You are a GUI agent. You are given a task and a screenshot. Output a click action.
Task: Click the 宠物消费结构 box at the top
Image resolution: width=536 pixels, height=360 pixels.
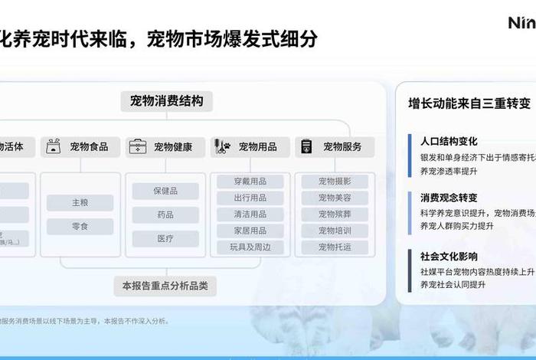point(166,101)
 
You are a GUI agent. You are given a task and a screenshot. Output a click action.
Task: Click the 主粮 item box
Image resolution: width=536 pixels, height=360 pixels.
point(80,203)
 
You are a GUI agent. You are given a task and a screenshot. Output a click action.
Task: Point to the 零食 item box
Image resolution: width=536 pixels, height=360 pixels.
point(80,227)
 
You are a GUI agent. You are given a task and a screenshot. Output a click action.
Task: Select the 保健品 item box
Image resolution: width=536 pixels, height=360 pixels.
point(165,191)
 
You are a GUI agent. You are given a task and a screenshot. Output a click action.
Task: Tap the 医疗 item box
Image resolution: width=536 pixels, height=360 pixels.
point(165,238)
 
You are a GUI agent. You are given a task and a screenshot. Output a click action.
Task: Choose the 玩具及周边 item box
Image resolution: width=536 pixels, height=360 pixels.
point(250,247)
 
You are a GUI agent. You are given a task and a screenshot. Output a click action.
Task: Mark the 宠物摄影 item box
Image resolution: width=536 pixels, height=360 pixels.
point(335,182)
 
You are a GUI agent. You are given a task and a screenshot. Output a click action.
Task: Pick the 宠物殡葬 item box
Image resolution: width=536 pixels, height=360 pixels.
point(335,214)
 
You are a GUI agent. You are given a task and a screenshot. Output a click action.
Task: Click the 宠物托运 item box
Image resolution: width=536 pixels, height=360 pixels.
point(335,247)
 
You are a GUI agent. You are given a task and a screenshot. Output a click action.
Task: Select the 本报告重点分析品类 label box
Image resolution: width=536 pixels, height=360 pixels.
point(165,286)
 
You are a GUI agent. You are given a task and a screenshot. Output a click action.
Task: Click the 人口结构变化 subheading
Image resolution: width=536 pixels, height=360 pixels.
point(449,141)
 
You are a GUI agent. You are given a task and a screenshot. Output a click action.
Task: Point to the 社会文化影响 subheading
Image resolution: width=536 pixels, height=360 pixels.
point(449,256)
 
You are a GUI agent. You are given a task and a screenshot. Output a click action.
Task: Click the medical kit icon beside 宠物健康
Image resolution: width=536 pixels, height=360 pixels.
point(138,146)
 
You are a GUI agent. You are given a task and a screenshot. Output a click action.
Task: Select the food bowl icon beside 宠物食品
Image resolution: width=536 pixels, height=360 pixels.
point(54,146)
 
